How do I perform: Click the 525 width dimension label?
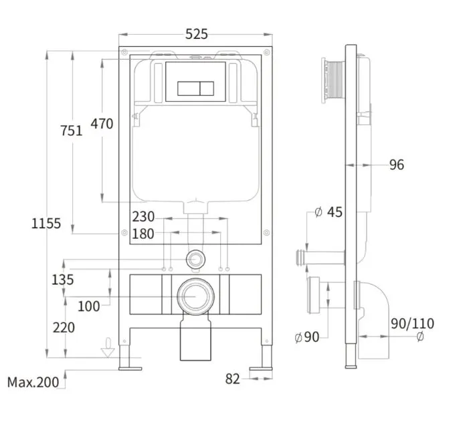[x=196, y=34]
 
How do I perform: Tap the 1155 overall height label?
[x=46, y=224]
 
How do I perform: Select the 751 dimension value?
[x=71, y=131]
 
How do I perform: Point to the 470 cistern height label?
[x=102, y=124]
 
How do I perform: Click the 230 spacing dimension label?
[x=143, y=217]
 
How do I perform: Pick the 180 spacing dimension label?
[x=143, y=234]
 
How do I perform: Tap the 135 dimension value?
[x=62, y=280]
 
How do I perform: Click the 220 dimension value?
[x=64, y=328]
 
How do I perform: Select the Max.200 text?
[x=33, y=382]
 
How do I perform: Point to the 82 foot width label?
[x=233, y=379]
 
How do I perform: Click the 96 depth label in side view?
[x=397, y=165]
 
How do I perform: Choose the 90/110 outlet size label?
[x=413, y=323]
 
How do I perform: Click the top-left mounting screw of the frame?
[x=124, y=52]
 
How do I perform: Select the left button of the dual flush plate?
[x=189, y=88]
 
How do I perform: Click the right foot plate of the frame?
[x=261, y=369]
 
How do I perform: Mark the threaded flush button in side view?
[x=333, y=80]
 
